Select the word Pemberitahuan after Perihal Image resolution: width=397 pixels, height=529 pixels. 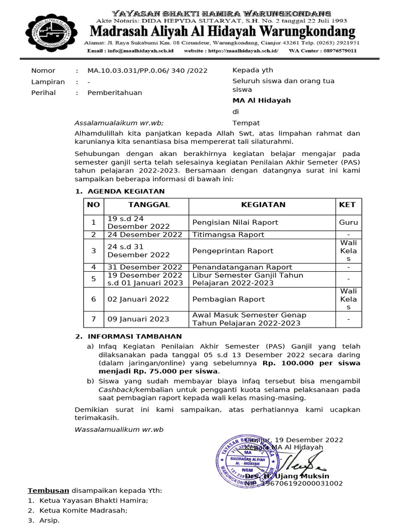coord(114,93)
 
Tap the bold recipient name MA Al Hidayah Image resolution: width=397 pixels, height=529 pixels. coord(262,101)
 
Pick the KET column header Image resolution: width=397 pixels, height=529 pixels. coord(347,205)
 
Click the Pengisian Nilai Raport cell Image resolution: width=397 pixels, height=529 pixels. coord(235,222)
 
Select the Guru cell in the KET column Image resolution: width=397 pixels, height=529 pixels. coord(348,222)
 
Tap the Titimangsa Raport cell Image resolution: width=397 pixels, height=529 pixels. coord(228,235)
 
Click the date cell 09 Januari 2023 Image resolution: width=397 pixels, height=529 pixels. coord(138,319)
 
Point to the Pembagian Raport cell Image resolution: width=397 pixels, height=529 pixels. coord(228,299)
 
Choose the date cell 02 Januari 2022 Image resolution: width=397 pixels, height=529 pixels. coord(138,299)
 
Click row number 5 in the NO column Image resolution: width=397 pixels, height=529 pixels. coord(94,279)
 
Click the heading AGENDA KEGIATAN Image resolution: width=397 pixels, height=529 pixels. coord(124,191)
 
